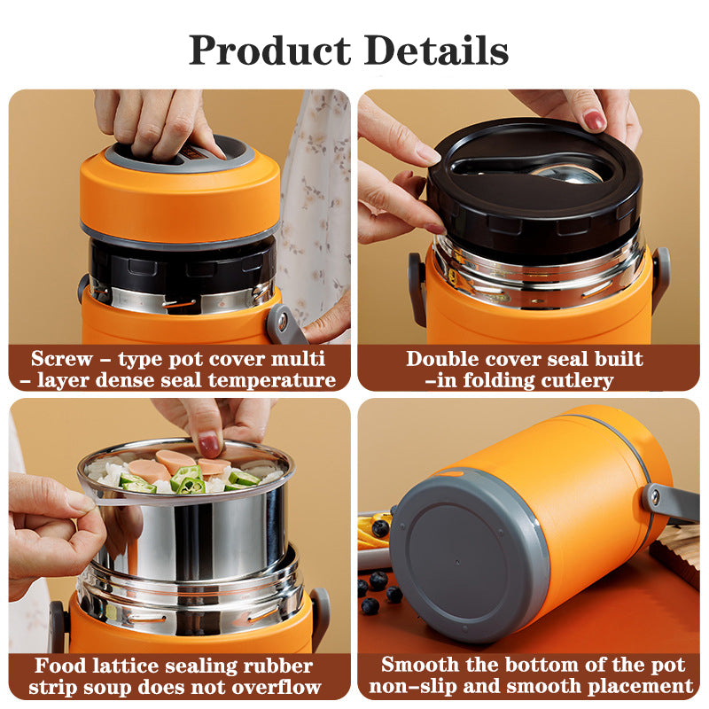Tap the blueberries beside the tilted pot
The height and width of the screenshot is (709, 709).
tap(378, 580)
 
